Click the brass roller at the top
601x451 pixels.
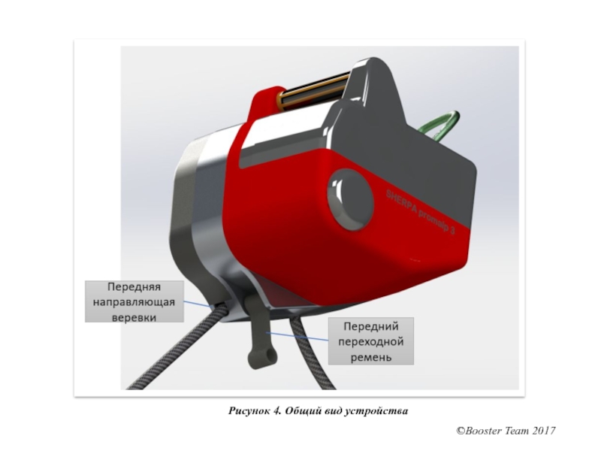pyautogui.click(x=316, y=89)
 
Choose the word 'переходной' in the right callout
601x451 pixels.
pyautogui.click(x=370, y=342)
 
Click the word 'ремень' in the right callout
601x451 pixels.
pyautogui.click(x=370, y=357)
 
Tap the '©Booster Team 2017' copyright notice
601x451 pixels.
pyautogui.click(x=506, y=431)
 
